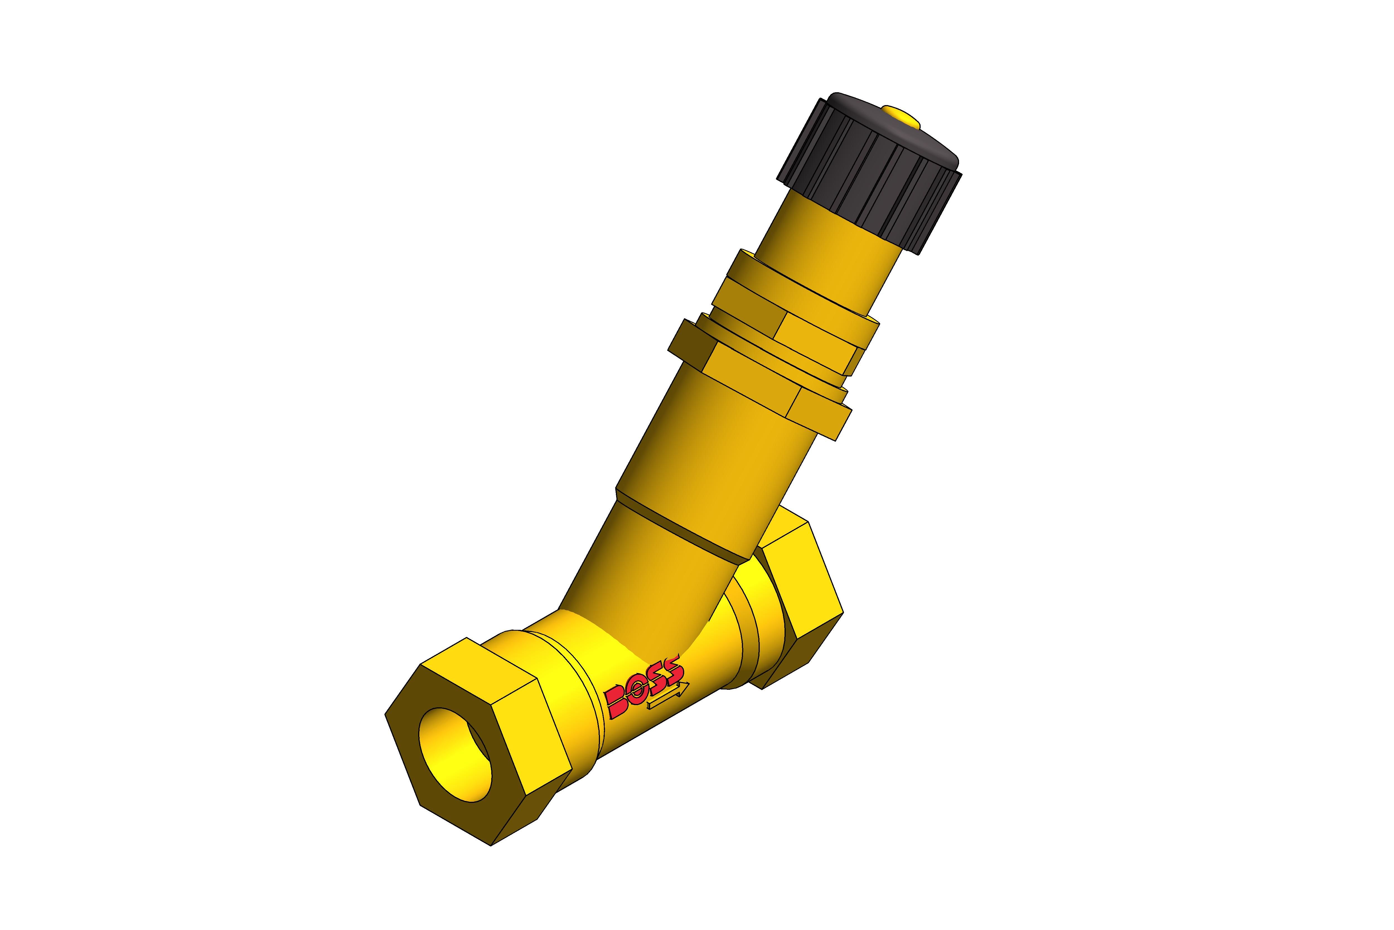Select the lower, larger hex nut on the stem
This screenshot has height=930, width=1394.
pyautogui.click(x=759, y=380)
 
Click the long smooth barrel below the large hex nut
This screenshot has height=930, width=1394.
pyautogui.click(x=712, y=451)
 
